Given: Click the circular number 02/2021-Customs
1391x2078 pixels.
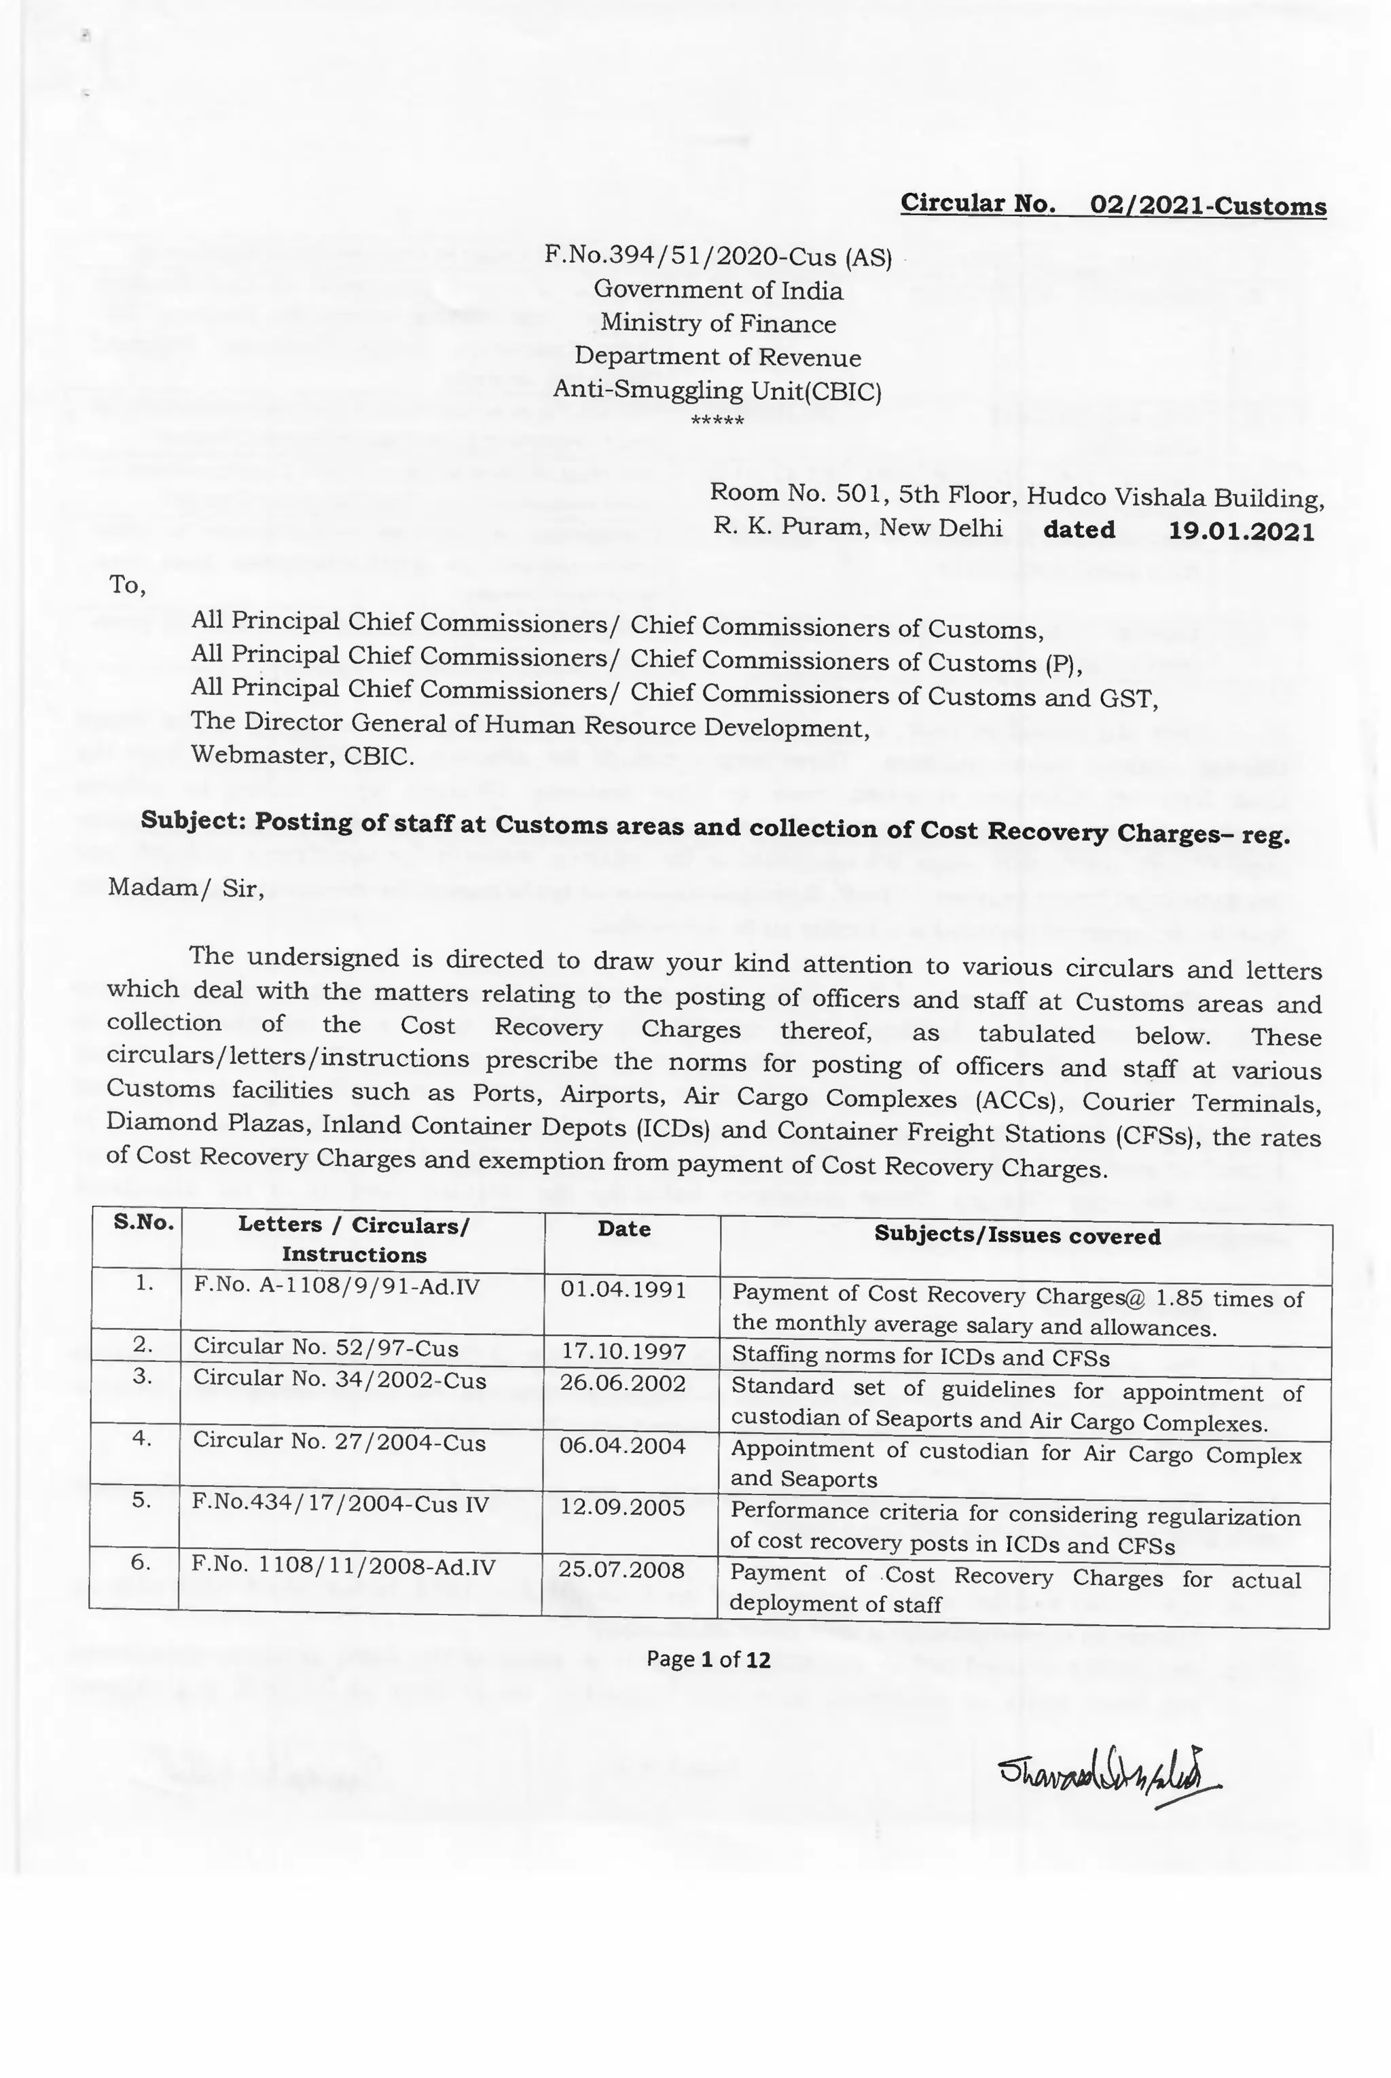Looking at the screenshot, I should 1208,206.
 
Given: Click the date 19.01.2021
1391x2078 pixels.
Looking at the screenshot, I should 1241,531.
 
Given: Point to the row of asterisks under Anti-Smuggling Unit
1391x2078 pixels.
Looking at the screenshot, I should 717,420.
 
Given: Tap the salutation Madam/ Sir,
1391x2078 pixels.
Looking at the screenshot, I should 185,887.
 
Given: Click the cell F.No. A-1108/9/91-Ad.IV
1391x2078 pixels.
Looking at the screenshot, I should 336,1286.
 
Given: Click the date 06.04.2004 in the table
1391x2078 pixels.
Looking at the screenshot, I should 623,1446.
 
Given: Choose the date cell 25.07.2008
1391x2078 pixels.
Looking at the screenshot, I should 621,1570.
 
